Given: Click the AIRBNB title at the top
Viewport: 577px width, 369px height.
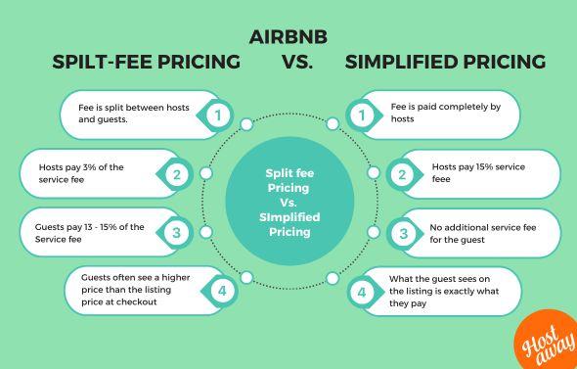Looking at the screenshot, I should point(288,37).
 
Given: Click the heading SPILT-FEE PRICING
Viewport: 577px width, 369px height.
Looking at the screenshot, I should point(146,62).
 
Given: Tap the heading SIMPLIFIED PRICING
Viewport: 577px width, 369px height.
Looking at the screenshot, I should point(445,62).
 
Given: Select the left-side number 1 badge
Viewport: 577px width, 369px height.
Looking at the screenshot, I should point(220,116).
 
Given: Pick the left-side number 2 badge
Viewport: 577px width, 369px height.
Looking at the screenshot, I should point(178,175).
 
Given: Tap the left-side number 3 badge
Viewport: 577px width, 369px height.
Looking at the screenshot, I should point(176,233).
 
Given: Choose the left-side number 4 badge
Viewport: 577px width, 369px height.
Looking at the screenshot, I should point(222,291).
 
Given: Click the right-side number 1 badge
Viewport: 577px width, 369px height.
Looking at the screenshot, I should point(362,116).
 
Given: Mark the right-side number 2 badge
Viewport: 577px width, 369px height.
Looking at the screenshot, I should point(402,175).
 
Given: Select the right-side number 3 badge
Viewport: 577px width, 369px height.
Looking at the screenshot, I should point(403,233).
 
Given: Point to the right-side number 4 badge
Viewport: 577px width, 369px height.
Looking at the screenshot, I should point(362,292).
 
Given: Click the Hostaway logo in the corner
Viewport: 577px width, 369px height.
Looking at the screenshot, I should point(544,343).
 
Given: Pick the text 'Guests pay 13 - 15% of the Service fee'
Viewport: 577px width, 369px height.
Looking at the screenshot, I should point(83,233).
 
